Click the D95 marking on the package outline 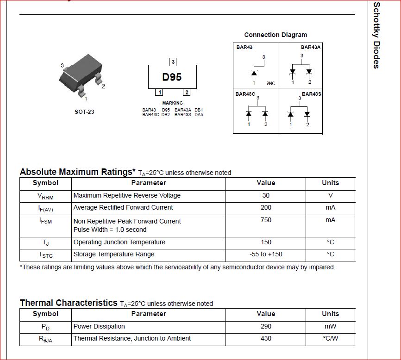tap(172, 77)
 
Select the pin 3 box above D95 tap(173, 62)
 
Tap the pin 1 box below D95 tap(158, 92)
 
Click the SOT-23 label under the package tap(84, 112)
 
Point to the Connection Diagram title tap(276, 35)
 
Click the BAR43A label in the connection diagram tap(311, 47)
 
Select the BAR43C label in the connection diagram tap(245, 94)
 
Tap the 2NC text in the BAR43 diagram tap(271, 83)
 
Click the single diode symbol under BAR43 tap(254, 72)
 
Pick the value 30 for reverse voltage tap(266, 195)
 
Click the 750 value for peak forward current tap(266, 220)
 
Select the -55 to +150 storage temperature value tap(266, 254)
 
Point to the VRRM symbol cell tap(45, 196)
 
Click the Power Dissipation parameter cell tap(99, 326)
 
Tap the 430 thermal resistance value tap(266, 338)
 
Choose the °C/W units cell tap(330, 338)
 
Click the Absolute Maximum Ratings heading tap(77, 172)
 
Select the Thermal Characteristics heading tap(69, 303)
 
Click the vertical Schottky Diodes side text tap(376, 36)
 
